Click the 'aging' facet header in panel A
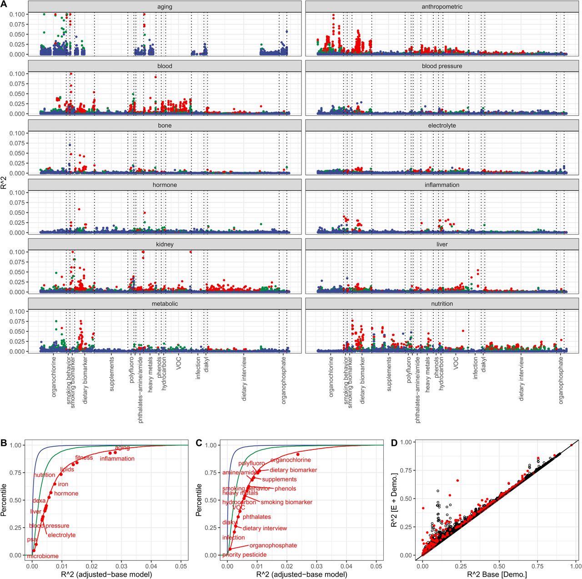[165, 7]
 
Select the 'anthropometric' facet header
[442, 7]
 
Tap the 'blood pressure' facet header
[442, 66]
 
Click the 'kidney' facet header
[165, 245]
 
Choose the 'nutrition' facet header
[442, 304]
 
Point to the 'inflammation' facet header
[442, 185]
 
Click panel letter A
[4, 4]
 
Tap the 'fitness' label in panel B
[84, 458]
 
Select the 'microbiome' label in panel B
[43, 556]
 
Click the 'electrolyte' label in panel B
[61, 535]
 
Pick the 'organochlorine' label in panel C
[291, 460]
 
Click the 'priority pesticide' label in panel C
[244, 554]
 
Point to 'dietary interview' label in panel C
[265, 528]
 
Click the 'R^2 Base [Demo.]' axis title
[497, 574]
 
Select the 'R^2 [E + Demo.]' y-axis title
[394, 500]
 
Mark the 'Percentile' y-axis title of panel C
[199, 500]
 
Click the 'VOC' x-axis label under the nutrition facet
[456, 362]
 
